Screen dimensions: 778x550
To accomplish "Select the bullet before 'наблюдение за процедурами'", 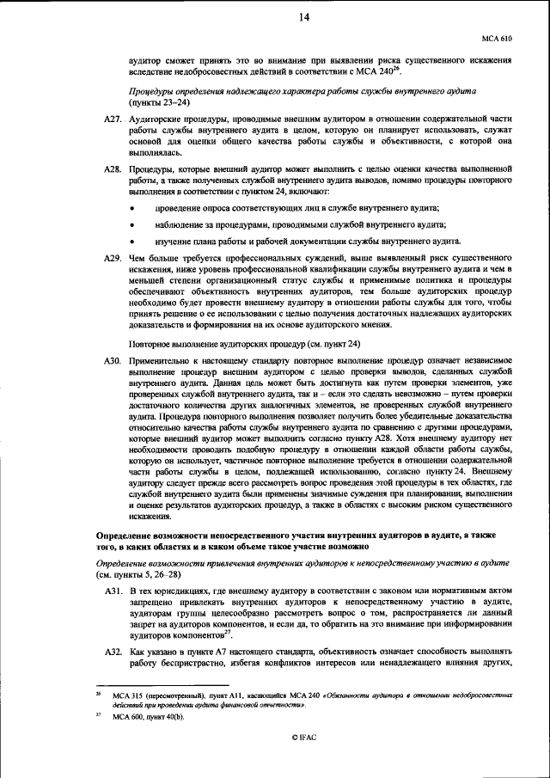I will tap(132, 226).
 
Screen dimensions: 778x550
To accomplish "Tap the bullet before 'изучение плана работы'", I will tap(132, 242).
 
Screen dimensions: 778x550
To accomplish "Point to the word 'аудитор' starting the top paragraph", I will tap(146, 61).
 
